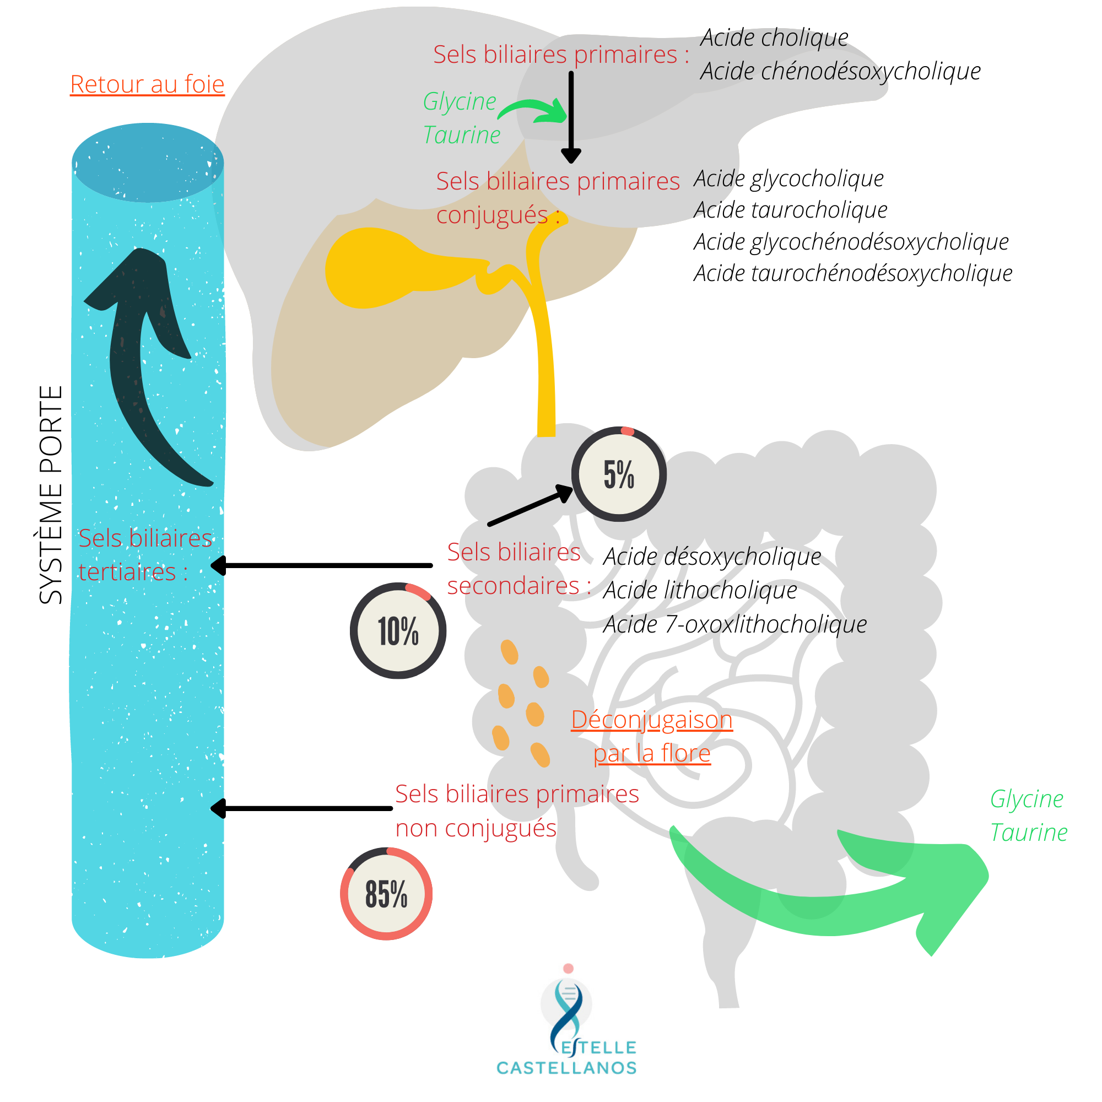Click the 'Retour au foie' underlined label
point(147,84)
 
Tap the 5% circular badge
point(619,474)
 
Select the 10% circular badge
point(398,630)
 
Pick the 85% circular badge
point(386,893)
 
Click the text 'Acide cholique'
point(774,37)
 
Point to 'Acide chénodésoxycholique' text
point(840,71)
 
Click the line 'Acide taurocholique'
point(791,210)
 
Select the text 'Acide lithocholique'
point(700,590)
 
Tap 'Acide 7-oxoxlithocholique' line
point(734,624)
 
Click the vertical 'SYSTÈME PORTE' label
point(51,495)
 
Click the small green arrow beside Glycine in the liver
point(533,110)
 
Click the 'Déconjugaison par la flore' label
point(652,736)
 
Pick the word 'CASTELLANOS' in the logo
point(566,1068)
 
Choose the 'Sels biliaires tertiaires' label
point(144,554)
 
